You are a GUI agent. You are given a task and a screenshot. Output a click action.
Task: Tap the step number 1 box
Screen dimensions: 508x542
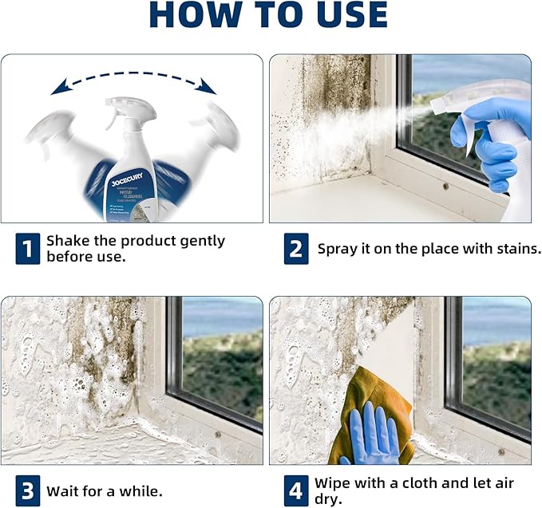point(27,249)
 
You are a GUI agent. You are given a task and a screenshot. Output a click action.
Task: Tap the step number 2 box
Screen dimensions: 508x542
point(296,249)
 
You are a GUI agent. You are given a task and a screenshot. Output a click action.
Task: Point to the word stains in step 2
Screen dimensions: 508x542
point(517,249)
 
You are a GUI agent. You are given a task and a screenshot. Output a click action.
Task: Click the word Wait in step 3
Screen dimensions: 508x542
point(61,491)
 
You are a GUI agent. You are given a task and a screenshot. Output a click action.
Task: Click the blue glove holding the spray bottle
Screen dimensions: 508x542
point(487,136)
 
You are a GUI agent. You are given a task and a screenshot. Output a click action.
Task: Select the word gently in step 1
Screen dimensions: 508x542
point(200,241)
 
